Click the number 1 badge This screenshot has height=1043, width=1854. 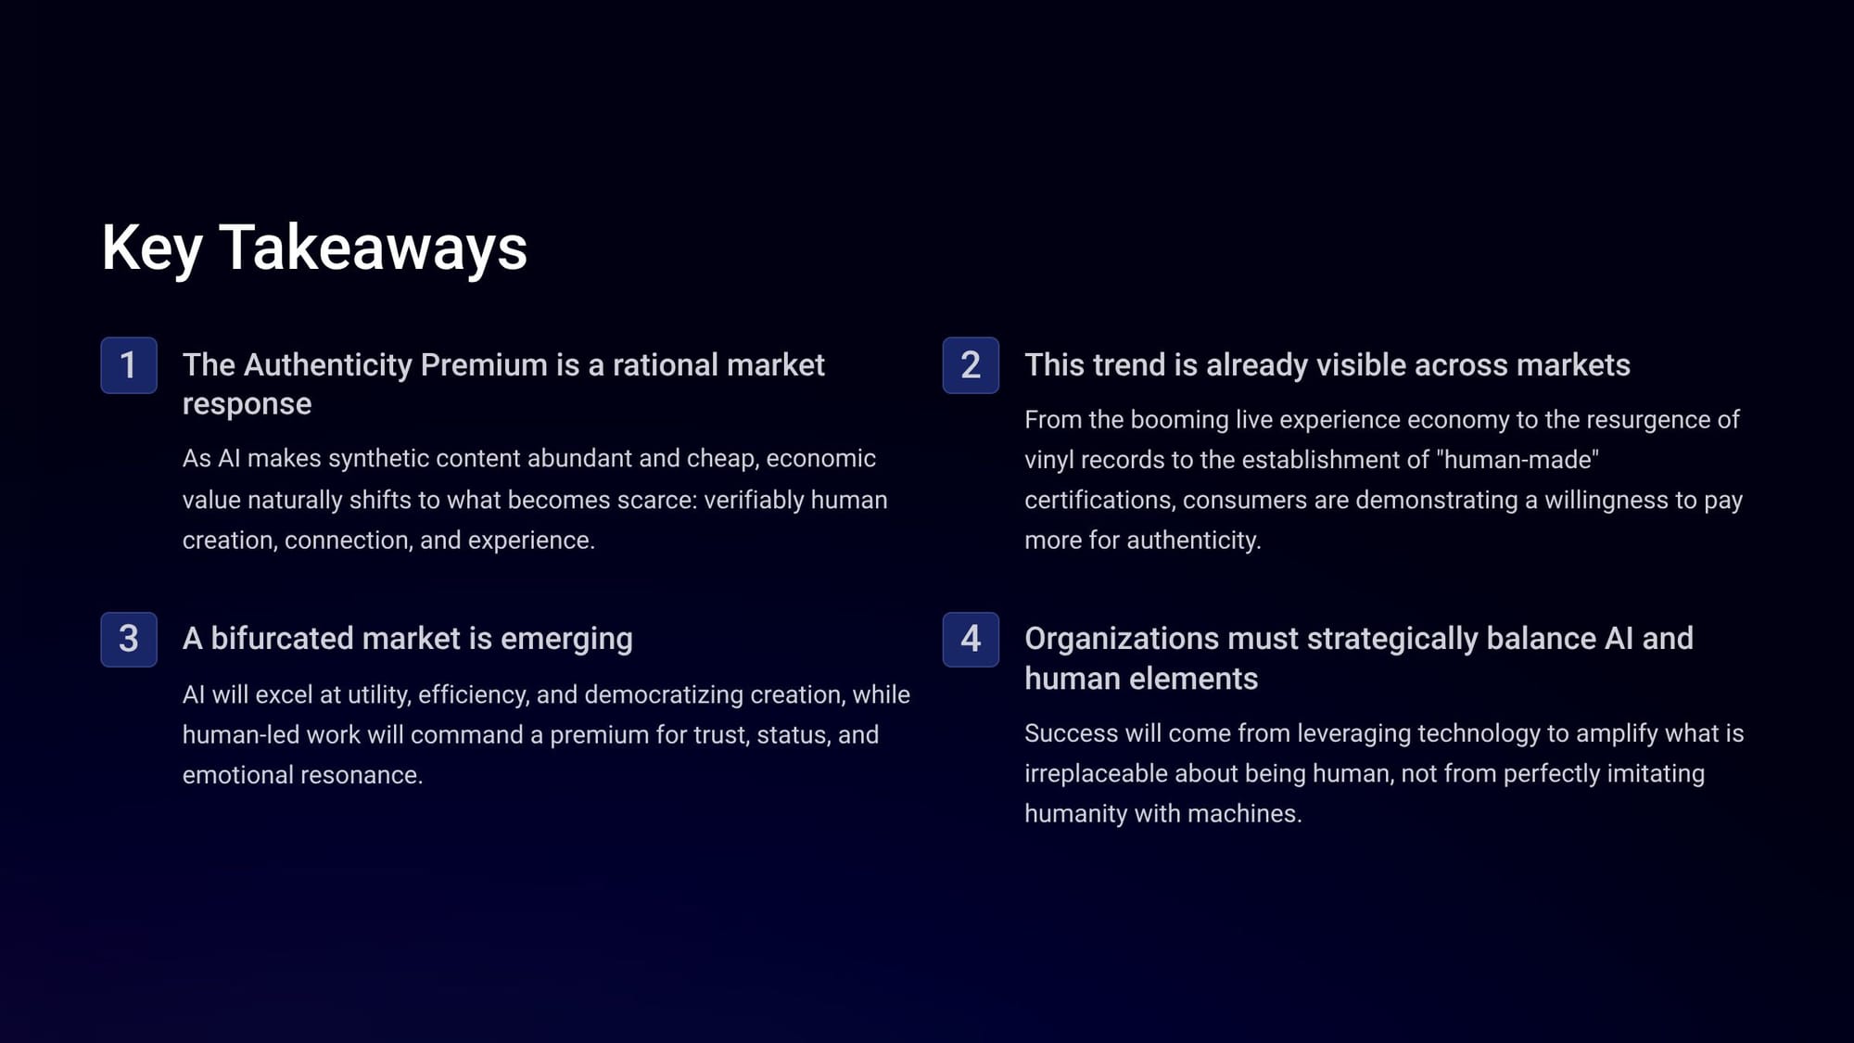point(129,365)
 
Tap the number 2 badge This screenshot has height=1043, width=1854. point(971,365)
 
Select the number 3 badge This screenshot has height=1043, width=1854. point(129,639)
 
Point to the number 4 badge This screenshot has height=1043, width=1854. point(971,639)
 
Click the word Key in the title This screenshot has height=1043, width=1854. point(152,248)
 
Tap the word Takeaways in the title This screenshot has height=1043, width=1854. point(373,248)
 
